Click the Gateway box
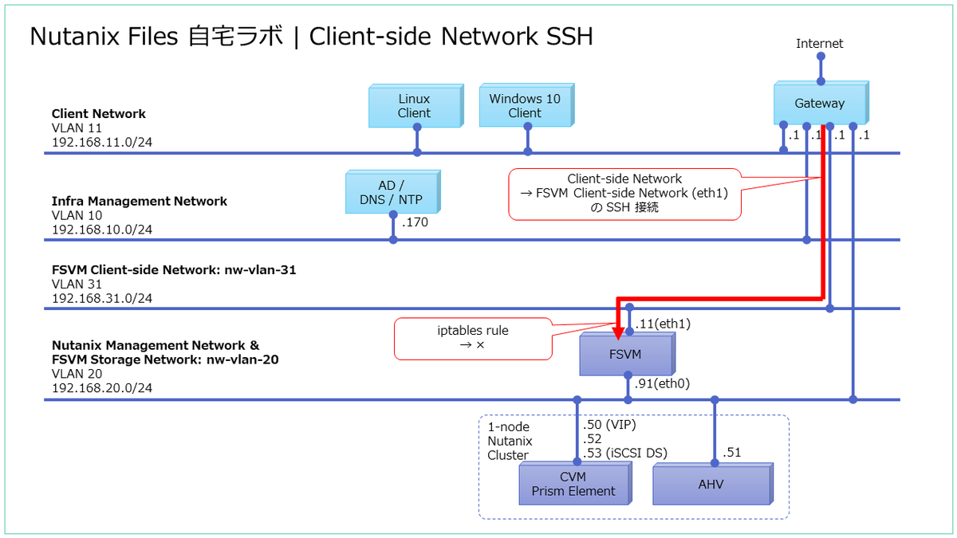(x=819, y=104)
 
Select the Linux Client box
(x=414, y=106)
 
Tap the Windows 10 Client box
(x=524, y=106)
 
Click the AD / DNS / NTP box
(x=392, y=193)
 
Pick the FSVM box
(x=626, y=354)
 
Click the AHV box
(x=710, y=484)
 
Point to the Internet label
(x=819, y=44)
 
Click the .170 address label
(x=415, y=222)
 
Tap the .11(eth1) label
(x=663, y=324)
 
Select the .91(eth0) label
(x=662, y=383)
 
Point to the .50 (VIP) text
(x=609, y=425)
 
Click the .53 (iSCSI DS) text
(x=625, y=454)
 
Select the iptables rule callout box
(x=473, y=338)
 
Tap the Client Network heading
(x=99, y=114)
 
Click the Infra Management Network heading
(x=140, y=201)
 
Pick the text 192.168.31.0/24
(x=102, y=298)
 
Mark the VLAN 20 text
(x=77, y=374)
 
